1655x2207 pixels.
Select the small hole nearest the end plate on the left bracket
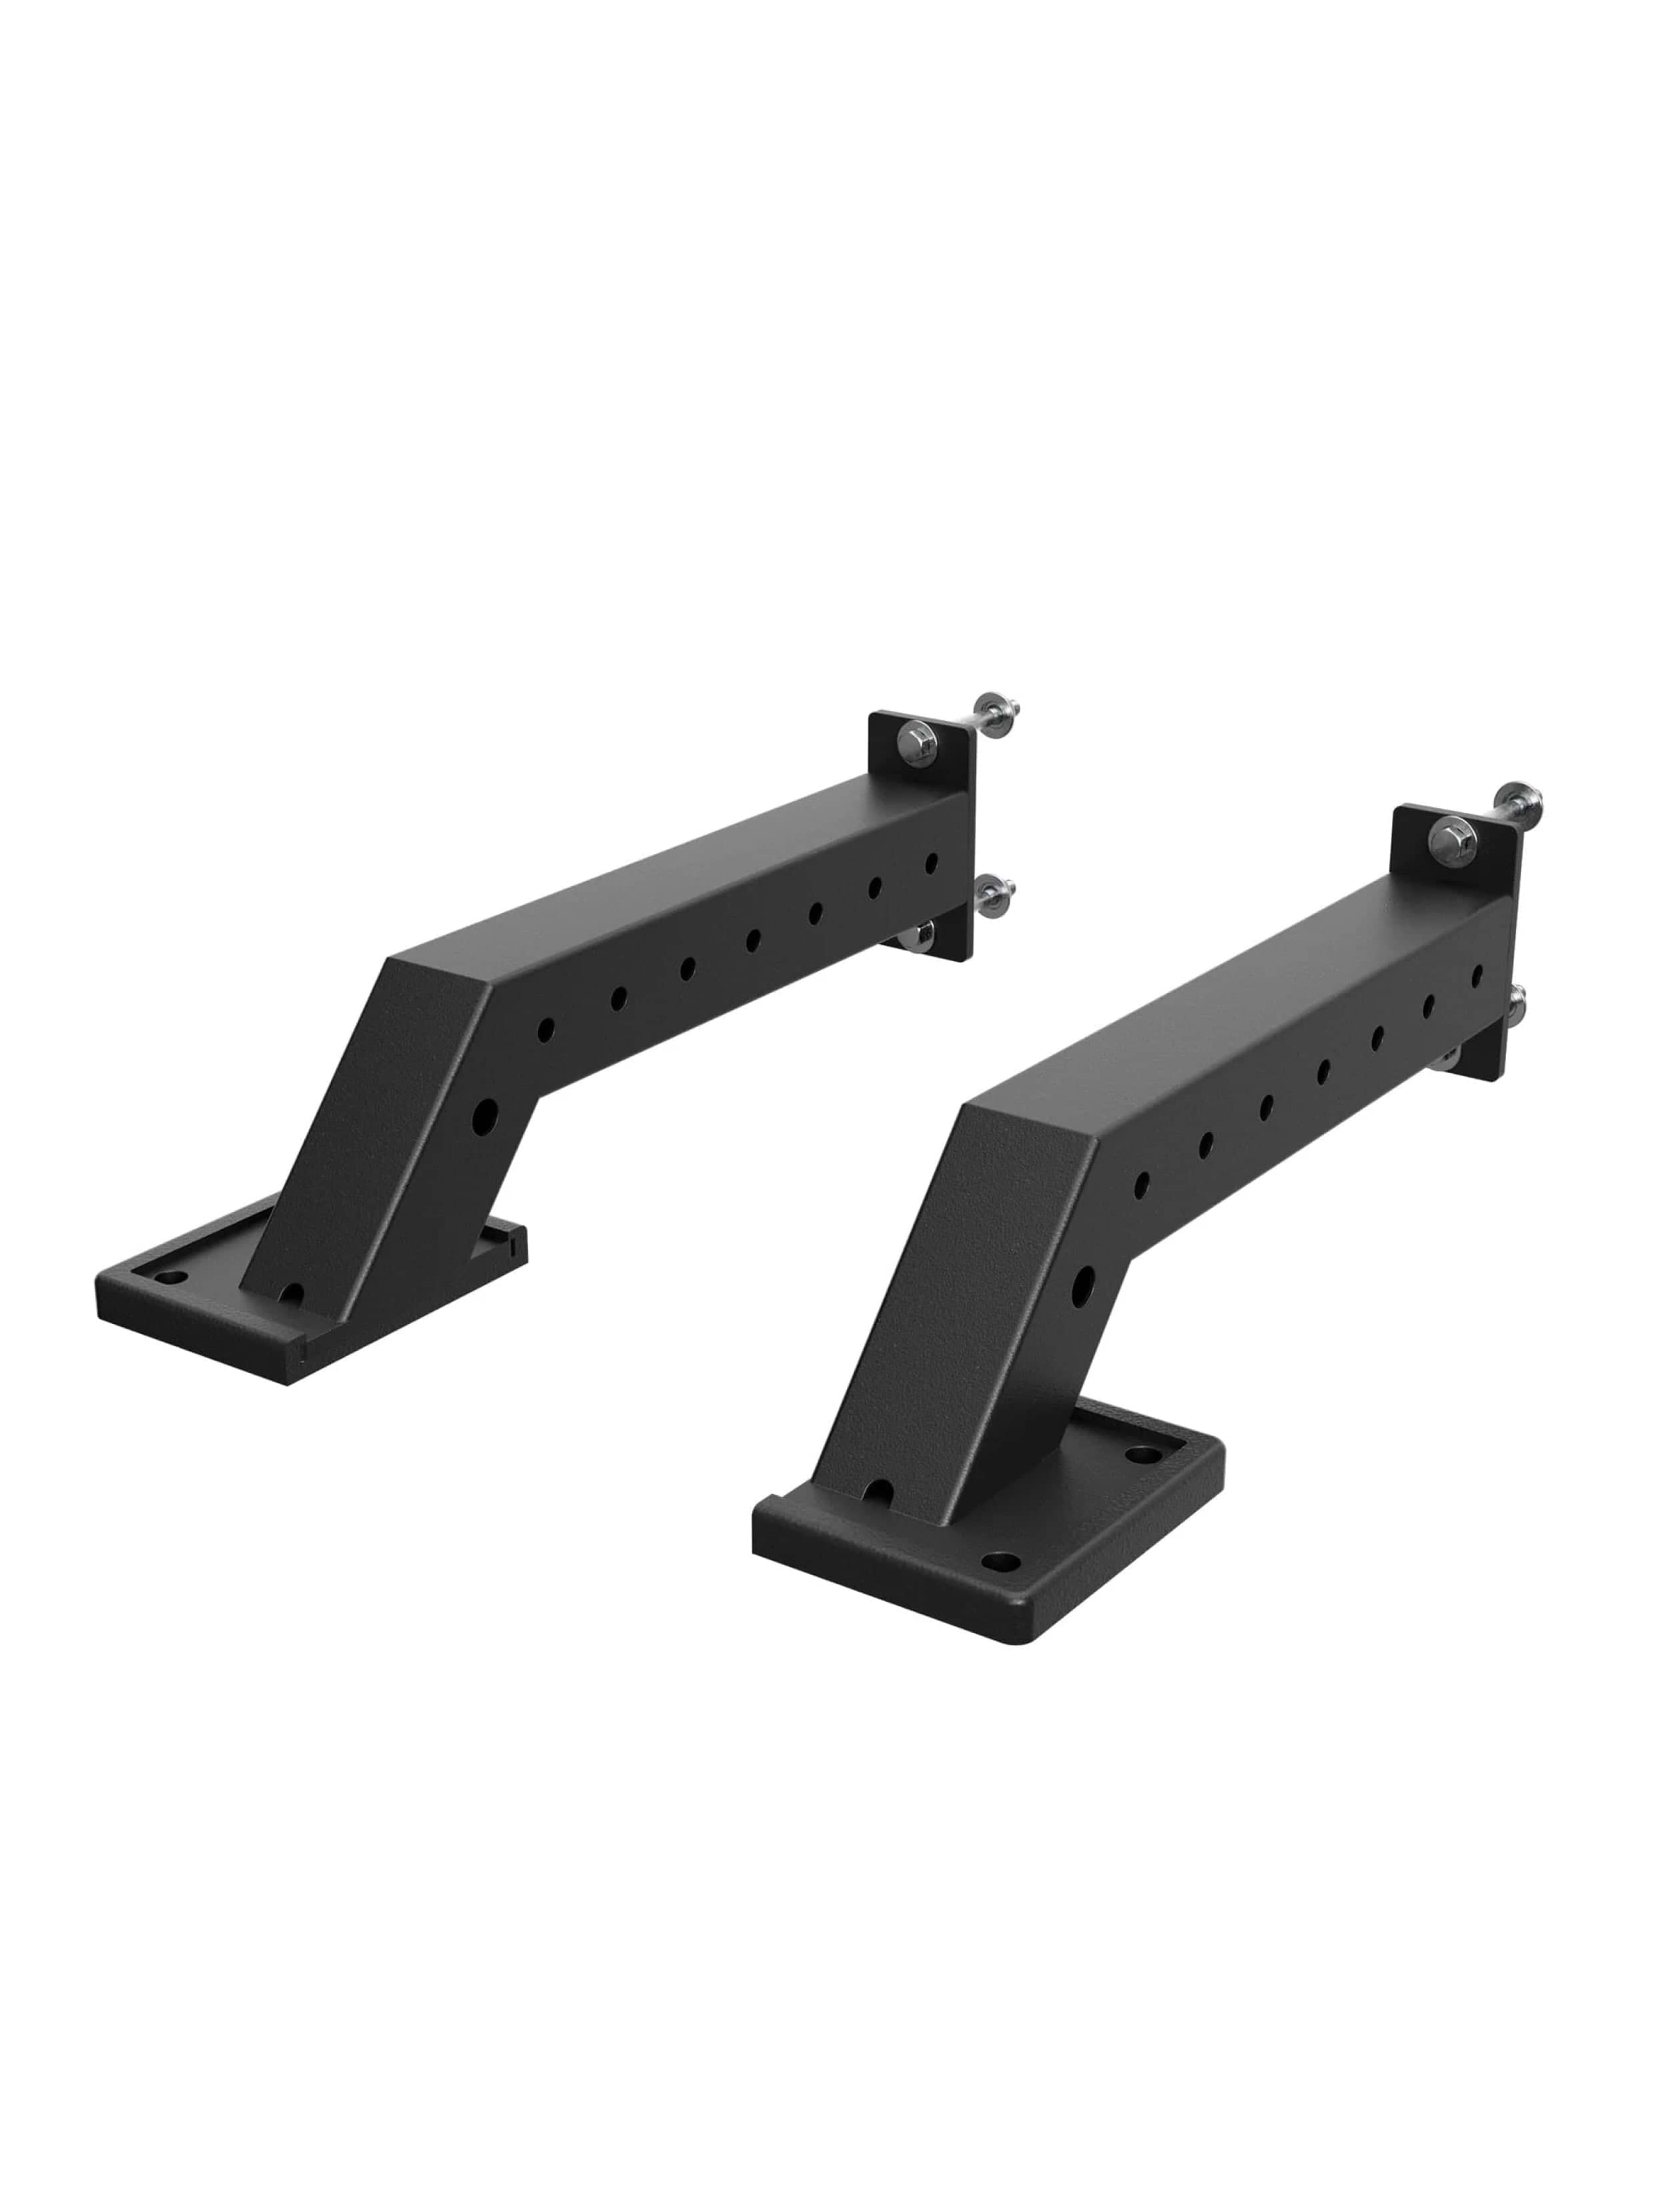pyautogui.click(x=931, y=862)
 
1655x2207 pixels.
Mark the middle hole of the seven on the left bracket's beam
pyautogui.click(x=753, y=939)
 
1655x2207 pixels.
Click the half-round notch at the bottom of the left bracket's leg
pyautogui.click(x=292, y=1294)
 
